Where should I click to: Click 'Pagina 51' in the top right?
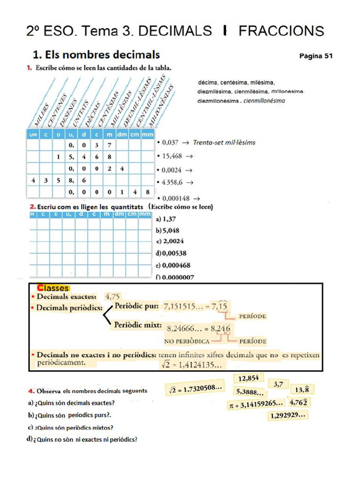coord(315,56)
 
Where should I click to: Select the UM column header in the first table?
coord(32,135)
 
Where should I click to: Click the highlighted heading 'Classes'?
coord(53,288)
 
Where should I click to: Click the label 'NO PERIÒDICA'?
coord(186,341)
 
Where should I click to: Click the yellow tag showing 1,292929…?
coord(288,415)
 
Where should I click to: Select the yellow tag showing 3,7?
coord(278,384)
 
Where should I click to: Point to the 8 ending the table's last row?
coord(147,192)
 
